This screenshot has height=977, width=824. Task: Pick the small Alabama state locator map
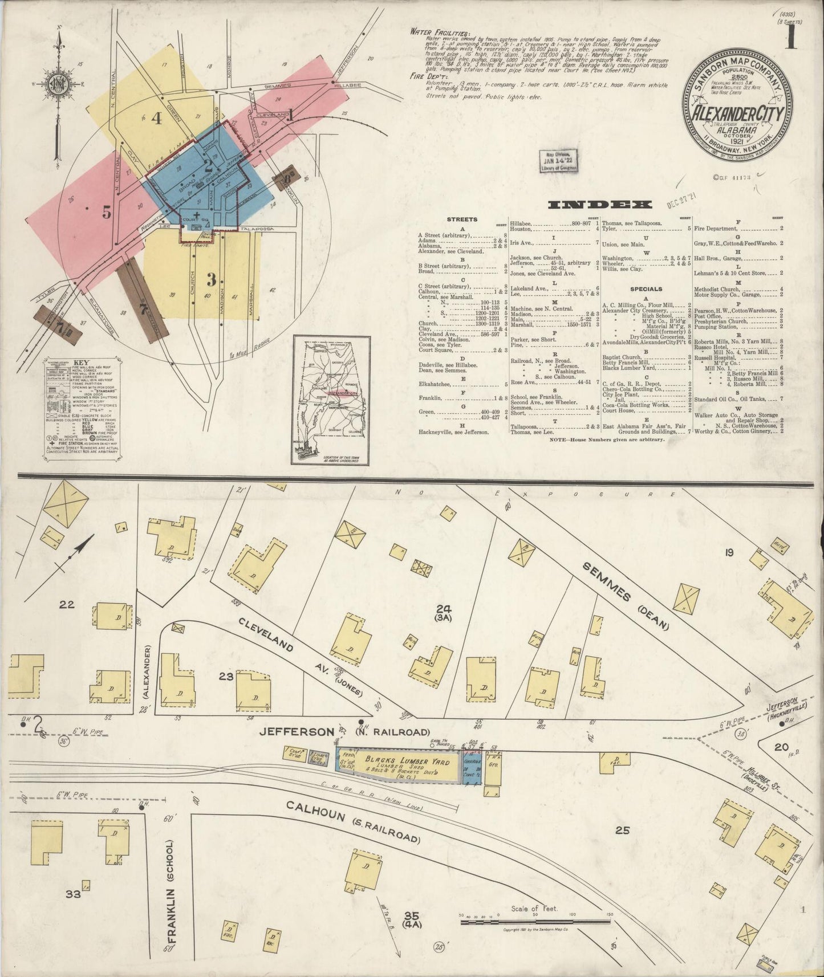(331, 400)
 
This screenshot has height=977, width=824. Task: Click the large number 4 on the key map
(156, 119)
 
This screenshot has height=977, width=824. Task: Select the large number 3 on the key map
(212, 280)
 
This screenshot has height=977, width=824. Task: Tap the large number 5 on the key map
(106, 212)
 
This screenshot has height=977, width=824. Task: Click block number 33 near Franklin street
(73, 894)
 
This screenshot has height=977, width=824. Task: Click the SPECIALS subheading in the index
(646, 289)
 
